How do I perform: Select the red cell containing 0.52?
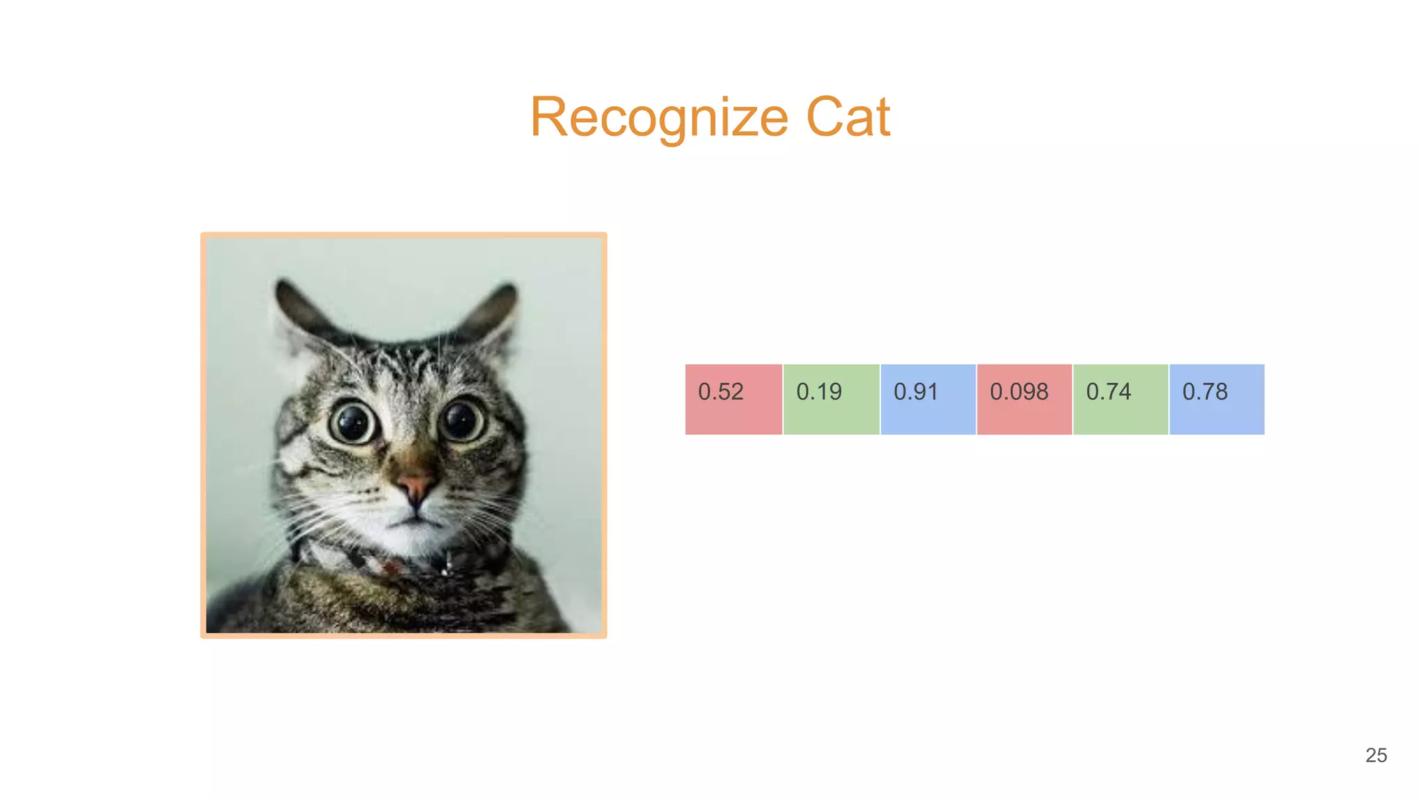[x=734, y=399]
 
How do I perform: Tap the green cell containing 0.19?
[x=831, y=399]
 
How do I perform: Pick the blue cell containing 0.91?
[x=928, y=399]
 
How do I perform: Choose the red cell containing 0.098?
[x=1024, y=399]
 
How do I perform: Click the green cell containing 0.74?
[x=1120, y=399]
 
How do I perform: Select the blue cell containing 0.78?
[x=1217, y=399]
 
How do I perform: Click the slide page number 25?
[x=1376, y=755]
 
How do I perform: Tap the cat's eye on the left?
[x=353, y=422]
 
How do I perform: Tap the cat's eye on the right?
[x=461, y=420]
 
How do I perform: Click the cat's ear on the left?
[x=298, y=312]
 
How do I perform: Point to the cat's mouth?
[x=414, y=517]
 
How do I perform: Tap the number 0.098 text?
[x=1019, y=392]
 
